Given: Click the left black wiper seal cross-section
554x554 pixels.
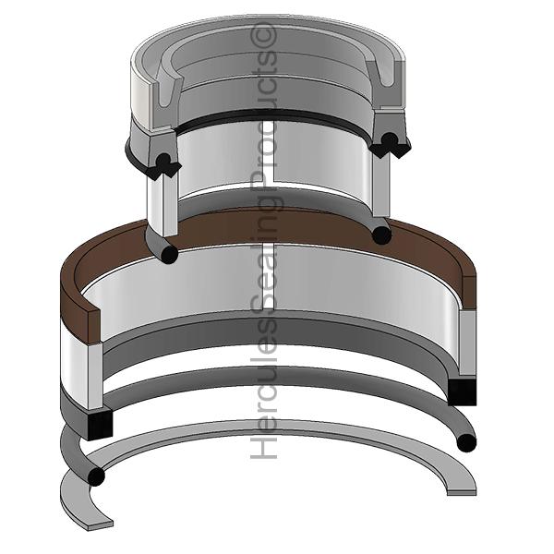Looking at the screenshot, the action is tap(163, 165).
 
